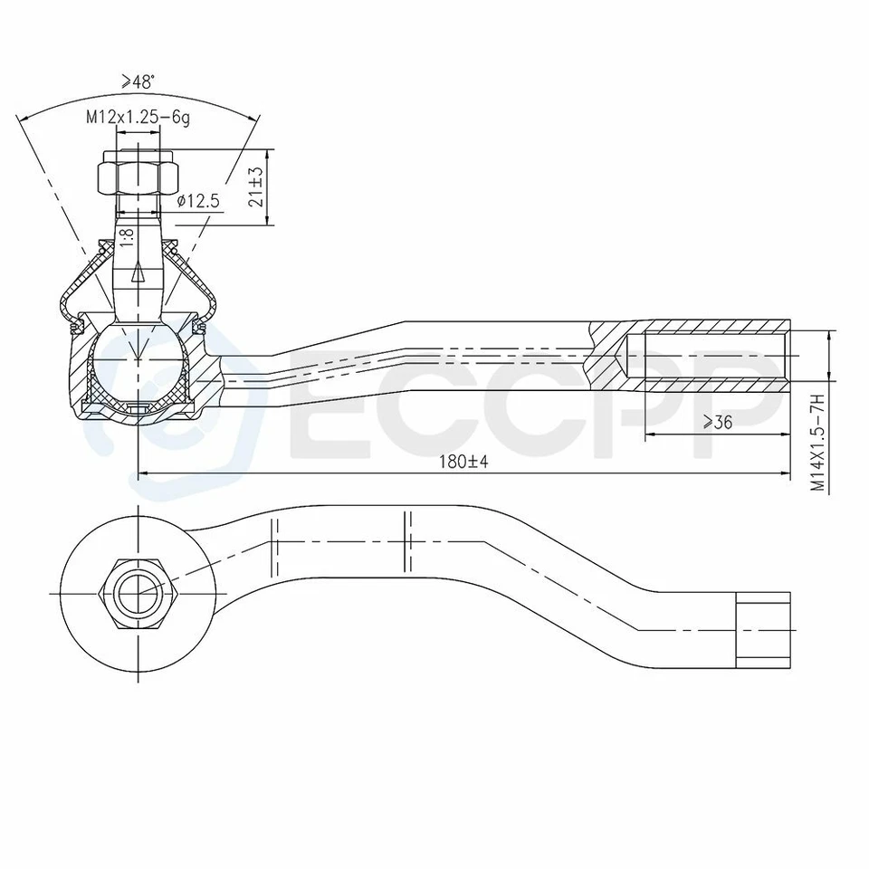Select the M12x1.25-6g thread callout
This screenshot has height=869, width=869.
[138, 117]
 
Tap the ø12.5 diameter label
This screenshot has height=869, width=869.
[198, 201]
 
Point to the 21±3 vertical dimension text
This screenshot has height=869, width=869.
[256, 186]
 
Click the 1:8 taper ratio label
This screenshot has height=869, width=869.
[128, 237]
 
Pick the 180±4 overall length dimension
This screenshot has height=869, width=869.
[463, 462]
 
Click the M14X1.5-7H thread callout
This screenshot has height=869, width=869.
[817, 444]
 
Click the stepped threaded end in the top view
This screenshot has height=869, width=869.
[763, 629]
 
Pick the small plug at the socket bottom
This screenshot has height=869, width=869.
[138, 406]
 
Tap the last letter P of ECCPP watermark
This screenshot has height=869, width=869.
[738, 407]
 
